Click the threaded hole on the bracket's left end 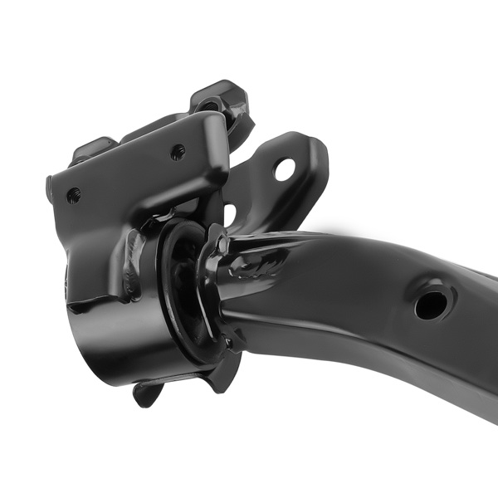click(x=73, y=195)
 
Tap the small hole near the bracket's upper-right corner click(x=178, y=152)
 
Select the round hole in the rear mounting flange click(x=285, y=169)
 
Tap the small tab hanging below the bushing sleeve click(x=148, y=392)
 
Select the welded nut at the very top click(x=220, y=99)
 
